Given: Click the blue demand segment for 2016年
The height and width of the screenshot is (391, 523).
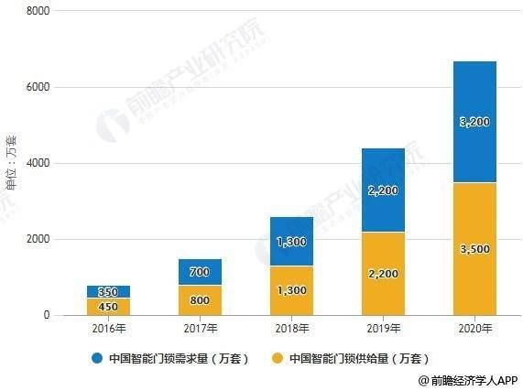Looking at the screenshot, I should pos(109,291).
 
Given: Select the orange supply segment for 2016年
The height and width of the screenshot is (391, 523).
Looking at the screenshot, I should pos(109,307).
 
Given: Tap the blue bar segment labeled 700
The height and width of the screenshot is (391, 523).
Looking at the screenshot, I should pos(200,272).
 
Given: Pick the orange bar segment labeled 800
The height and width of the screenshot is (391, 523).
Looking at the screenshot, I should pos(200,300).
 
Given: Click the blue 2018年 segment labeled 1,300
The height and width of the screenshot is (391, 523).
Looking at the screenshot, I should pos(290,242).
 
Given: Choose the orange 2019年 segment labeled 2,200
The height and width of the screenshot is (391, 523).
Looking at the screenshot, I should pos(382,274).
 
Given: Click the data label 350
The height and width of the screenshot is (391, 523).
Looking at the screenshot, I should pos(109,291).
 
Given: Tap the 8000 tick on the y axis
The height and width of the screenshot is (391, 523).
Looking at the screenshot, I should pos(37,11).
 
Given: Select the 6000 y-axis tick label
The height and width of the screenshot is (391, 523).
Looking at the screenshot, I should pos(37,87).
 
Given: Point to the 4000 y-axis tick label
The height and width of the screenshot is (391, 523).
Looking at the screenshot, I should pos(37,163).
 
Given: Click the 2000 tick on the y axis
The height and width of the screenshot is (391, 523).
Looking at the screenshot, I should pos(37,239).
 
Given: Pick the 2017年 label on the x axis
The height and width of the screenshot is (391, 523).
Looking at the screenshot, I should pos(200,328).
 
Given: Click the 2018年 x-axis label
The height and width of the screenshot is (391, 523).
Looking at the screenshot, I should pos(290,328).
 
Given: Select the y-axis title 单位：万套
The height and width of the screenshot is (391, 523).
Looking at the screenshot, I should pos(12,165).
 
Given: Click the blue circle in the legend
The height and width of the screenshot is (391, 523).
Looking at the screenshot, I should pos(96,359).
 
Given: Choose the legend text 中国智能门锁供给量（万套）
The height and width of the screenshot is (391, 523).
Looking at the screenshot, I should pos(358,359).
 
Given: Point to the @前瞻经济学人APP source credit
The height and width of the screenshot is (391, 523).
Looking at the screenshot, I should pos(467,381).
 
